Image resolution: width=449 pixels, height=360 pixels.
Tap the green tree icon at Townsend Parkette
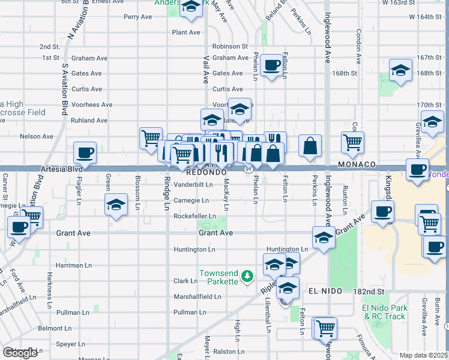246,276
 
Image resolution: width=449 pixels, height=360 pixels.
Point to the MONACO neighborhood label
357,164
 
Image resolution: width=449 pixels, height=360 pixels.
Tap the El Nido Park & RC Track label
384,312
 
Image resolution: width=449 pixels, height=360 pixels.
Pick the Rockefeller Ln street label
194,216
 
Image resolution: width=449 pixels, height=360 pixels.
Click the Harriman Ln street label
74,265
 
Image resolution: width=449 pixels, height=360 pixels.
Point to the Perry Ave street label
137,17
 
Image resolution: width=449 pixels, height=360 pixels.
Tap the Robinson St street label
229,46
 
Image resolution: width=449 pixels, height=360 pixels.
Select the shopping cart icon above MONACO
352,142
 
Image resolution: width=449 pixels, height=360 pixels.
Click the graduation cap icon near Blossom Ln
116,204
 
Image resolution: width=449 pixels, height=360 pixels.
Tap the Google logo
20,353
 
